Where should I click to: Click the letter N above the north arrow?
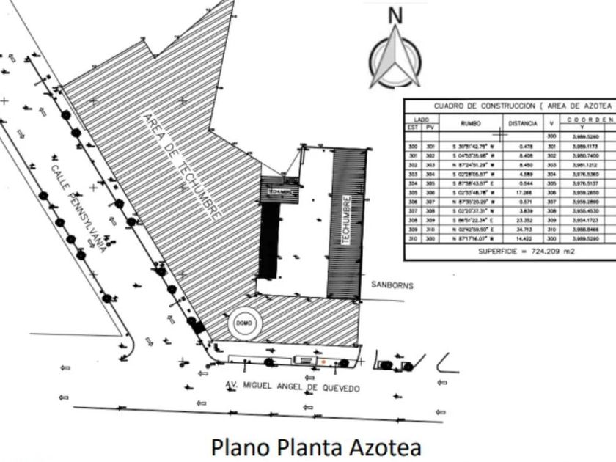[x=395, y=15]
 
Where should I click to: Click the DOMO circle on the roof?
[x=244, y=323]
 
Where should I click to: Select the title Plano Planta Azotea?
[x=316, y=446]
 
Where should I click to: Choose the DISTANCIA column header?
[x=524, y=124]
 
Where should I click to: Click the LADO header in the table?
[x=421, y=120]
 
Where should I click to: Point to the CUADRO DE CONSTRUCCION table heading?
[x=513, y=106]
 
